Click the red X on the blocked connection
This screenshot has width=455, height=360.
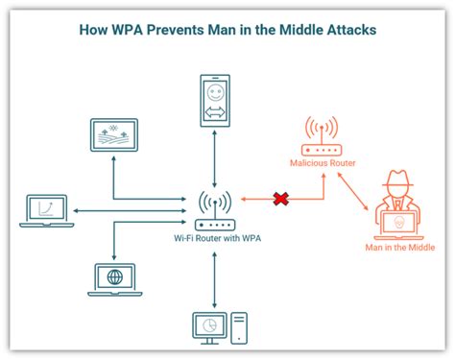point(281,199)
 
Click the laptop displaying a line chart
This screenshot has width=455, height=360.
point(45,210)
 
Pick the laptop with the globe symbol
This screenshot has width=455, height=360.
point(114,278)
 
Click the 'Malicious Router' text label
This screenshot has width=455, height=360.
point(323,164)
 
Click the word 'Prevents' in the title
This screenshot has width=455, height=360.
point(199,29)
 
